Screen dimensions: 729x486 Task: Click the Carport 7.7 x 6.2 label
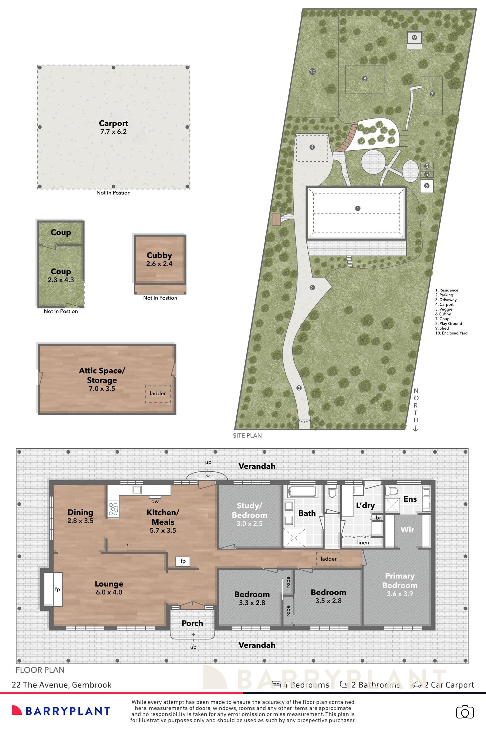pyautogui.click(x=113, y=127)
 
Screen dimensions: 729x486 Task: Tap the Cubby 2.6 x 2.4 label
pyautogui.click(x=159, y=259)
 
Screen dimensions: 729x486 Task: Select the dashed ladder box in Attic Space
pyautogui.click(x=158, y=393)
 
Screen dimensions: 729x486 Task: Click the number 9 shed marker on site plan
pyautogui.click(x=414, y=38)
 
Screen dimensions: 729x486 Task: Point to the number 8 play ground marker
pyautogui.click(x=365, y=79)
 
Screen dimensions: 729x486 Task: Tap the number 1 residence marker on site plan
pyautogui.click(x=358, y=209)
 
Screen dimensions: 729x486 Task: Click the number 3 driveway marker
pyautogui.click(x=299, y=388)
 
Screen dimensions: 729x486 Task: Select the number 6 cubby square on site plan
pyautogui.click(x=427, y=186)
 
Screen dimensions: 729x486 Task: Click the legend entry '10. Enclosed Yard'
pyautogui.click(x=451, y=333)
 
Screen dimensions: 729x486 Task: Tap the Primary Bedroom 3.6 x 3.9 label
pyautogui.click(x=399, y=585)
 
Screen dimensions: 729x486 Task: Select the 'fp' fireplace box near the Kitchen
pyautogui.click(x=183, y=561)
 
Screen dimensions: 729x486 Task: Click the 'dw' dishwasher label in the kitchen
pyautogui.click(x=155, y=501)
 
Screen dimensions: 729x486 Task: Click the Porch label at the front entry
pyautogui.click(x=192, y=623)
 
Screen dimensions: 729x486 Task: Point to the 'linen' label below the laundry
pyautogui.click(x=363, y=543)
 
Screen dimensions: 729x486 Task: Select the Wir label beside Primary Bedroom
pyautogui.click(x=407, y=530)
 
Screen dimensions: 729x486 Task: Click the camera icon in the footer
pyautogui.click(x=465, y=712)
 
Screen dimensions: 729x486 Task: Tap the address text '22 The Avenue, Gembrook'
pyautogui.click(x=61, y=685)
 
